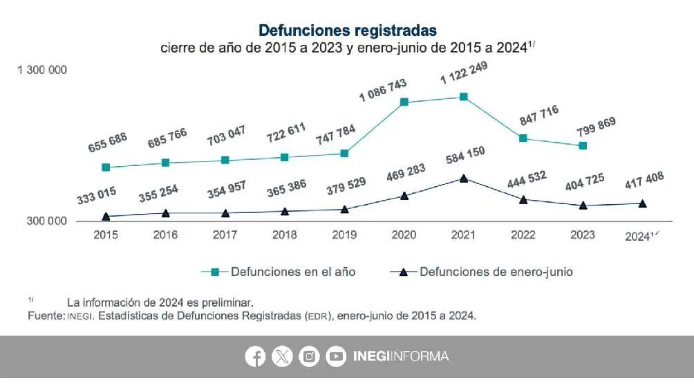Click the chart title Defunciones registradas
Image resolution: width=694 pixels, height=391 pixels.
347,30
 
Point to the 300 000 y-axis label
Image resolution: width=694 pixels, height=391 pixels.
47,221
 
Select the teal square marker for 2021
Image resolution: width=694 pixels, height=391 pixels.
464,97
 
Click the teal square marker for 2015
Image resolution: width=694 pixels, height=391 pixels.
106,167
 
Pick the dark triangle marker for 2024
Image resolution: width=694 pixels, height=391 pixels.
642,203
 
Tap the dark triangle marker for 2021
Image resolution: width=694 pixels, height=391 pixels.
464,179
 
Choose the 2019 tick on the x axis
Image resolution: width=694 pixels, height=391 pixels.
344,235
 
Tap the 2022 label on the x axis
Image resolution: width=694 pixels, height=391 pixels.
523,235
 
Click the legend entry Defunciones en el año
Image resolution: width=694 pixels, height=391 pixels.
279,272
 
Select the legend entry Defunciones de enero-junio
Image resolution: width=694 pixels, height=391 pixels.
482,272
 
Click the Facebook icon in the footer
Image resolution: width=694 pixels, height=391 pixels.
255,356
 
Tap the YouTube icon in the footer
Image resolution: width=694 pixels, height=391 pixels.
336,356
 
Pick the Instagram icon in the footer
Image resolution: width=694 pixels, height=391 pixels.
309,356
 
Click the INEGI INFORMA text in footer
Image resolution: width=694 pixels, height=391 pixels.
400,356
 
